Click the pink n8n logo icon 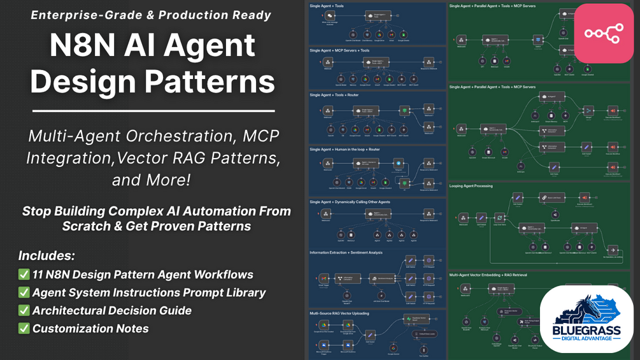click(x=603, y=33)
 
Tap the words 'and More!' click(x=152, y=180)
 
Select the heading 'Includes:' click(x=46, y=256)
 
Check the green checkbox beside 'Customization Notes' click(x=24, y=329)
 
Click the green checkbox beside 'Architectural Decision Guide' click(x=24, y=311)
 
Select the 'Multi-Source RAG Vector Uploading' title click(x=340, y=313)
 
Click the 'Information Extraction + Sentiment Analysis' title click(x=345, y=252)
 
